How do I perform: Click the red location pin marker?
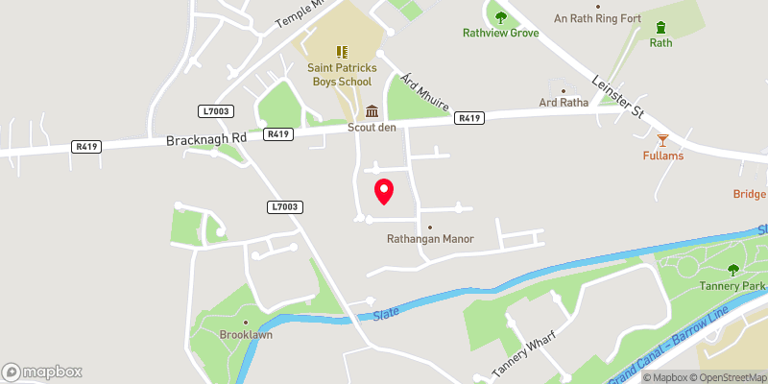pos(383,191)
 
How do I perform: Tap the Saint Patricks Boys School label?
pos(343,75)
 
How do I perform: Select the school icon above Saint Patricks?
pos(342,52)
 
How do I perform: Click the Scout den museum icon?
pos(372,111)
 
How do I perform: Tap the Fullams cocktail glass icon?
pos(661,140)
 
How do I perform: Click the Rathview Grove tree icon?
pos(500,15)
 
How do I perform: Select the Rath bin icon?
pos(660,27)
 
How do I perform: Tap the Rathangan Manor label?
pos(430,239)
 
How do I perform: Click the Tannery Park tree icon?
pos(734,271)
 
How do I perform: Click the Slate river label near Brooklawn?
pos(386,313)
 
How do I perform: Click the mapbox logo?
pos(42,372)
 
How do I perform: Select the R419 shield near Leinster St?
pos(469,118)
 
